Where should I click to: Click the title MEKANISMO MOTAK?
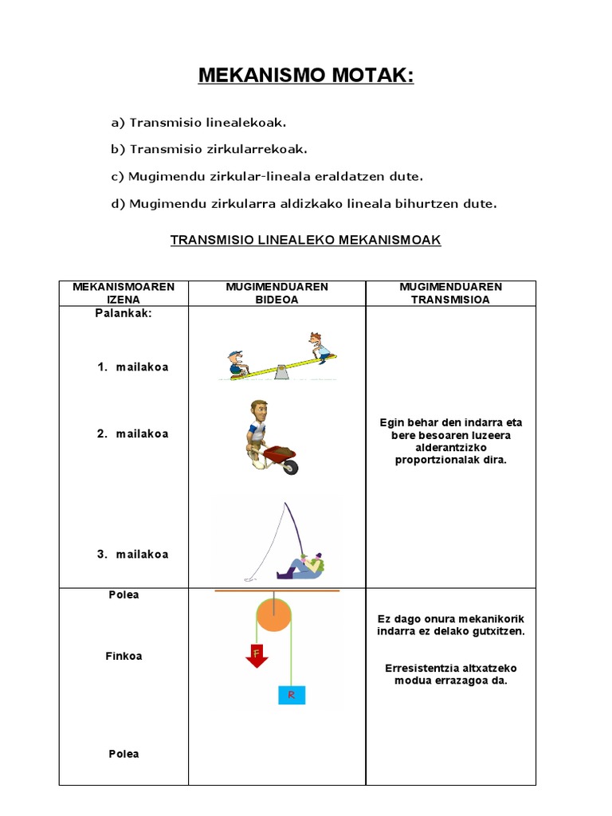(x=306, y=76)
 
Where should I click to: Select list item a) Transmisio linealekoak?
(x=198, y=123)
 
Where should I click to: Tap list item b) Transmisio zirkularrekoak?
(x=209, y=149)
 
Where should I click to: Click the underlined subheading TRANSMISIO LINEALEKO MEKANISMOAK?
(x=306, y=239)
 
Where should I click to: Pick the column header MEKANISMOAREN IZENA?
(x=124, y=293)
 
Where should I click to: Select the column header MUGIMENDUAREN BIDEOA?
(x=277, y=293)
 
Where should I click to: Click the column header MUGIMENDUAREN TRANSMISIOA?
(x=450, y=293)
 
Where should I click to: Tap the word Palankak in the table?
(x=124, y=313)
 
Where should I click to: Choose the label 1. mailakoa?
(x=133, y=367)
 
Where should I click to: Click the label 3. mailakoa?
(x=133, y=554)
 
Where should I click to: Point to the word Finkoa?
(x=124, y=656)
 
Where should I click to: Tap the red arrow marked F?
(x=256, y=654)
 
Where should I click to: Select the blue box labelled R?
(x=291, y=695)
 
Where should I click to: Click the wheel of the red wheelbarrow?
(x=290, y=468)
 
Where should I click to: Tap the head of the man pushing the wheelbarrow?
(x=258, y=411)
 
